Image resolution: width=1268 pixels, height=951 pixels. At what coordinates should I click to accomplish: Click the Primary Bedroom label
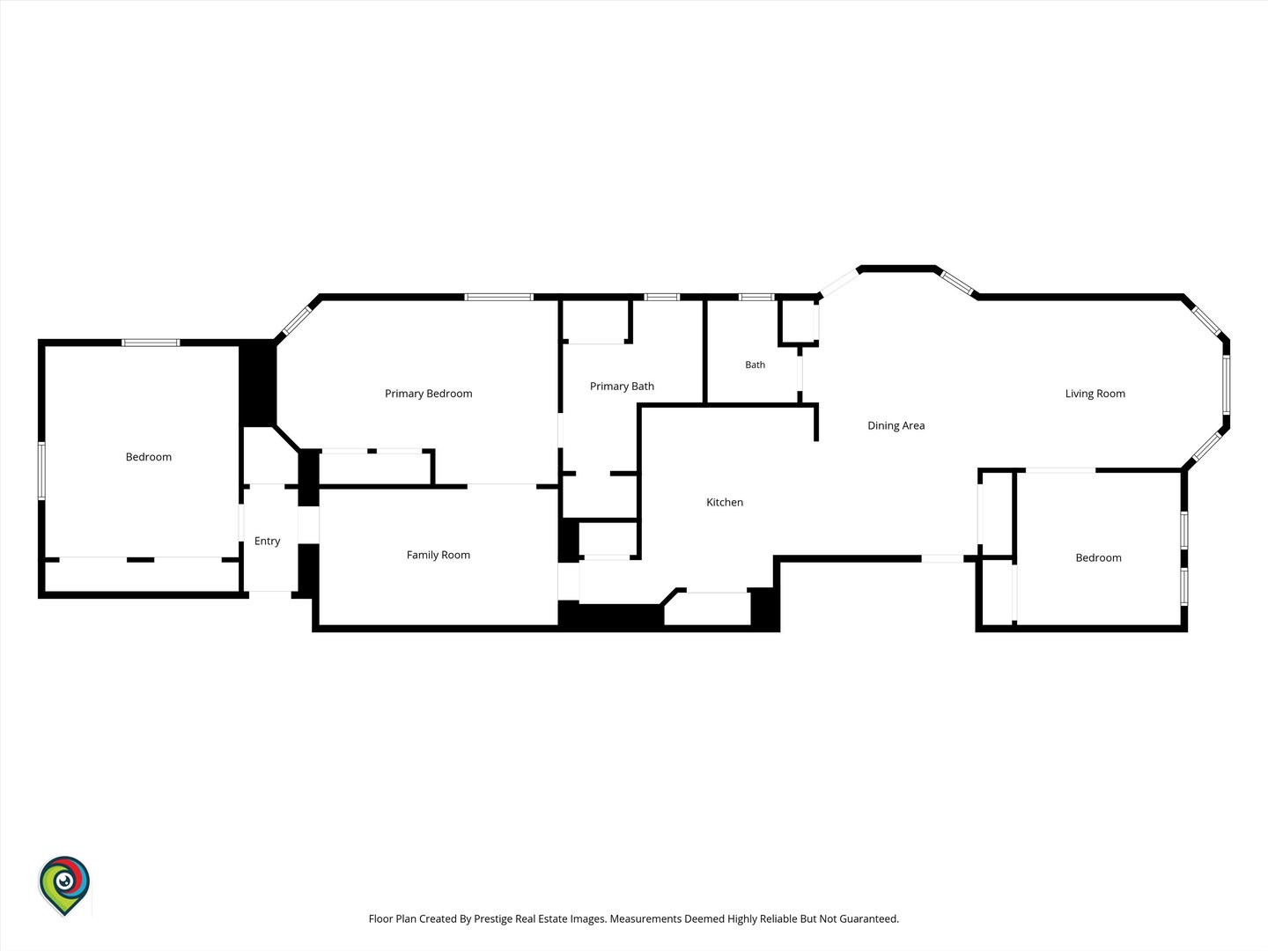[x=428, y=394]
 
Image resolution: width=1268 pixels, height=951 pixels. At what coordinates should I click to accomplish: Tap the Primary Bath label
[x=622, y=387]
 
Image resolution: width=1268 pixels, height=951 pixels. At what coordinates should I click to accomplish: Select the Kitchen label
[x=725, y=502]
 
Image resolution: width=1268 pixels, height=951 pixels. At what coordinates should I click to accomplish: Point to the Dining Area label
[x=896, y=425]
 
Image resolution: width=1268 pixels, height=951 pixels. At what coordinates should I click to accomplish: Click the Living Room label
[x=1095, y=394]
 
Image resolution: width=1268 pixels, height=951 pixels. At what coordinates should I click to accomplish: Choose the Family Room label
[x=438, y=555]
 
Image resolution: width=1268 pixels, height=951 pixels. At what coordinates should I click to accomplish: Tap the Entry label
[x=267, y=541]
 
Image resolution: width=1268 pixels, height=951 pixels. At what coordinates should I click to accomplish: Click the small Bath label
[x=755, y=365]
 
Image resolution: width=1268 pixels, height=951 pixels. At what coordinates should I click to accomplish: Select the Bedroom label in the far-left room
[x=149, y=457]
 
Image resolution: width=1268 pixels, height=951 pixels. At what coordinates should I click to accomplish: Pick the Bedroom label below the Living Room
[x=1098, y=557]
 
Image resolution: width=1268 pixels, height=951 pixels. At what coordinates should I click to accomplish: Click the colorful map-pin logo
[x=64, y=885]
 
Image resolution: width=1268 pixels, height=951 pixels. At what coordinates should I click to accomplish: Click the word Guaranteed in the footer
[x=869, y=918]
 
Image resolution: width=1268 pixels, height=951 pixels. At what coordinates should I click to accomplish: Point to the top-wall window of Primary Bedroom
[x=498, y=298]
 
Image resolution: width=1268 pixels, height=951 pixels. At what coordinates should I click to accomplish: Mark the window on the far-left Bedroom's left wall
[x=41, y=470]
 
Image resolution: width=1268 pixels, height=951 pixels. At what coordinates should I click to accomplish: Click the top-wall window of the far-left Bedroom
[x=151, y=343]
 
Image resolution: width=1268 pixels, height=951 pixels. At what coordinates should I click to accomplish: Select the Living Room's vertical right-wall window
[x=1226, y=385]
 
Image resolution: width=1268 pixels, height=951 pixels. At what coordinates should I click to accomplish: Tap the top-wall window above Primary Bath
[x=662, y=298]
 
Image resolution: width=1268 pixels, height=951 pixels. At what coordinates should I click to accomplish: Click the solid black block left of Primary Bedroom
[x=258, y=384]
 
